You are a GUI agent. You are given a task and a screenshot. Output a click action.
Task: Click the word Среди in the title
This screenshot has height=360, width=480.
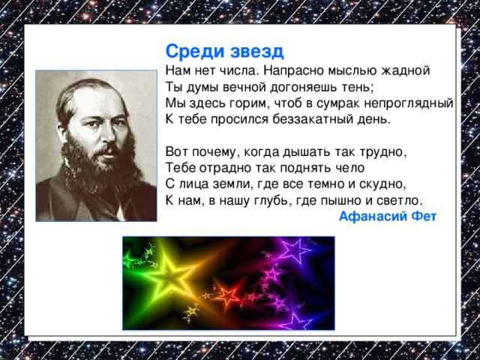188,52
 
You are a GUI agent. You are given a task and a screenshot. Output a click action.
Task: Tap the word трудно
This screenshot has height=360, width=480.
384,151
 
